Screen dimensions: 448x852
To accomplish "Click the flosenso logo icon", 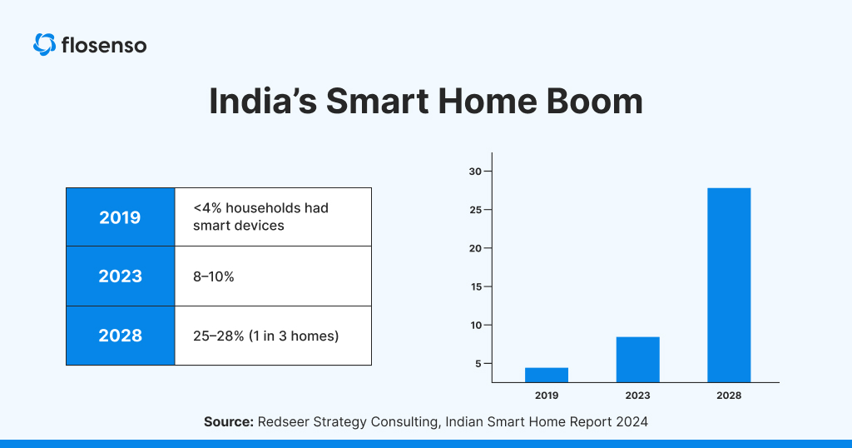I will tap(44, 44).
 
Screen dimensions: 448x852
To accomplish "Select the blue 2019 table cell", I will tap(120, 217).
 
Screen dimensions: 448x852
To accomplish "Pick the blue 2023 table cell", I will tap(120, 276).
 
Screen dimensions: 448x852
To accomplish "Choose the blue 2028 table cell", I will tap(120, 336).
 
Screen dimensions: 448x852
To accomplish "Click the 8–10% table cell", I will tap(273, 276).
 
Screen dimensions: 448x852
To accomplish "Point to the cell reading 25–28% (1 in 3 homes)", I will tap(273, 336).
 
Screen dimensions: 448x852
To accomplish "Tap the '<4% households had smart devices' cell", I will tap(273, 217).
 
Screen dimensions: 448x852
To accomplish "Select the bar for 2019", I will tap(547, 375).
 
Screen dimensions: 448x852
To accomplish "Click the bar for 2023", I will tap(637, 360).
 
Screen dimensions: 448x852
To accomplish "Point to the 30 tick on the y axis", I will tap(475, 172).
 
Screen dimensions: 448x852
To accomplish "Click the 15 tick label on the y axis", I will tap(475, 286).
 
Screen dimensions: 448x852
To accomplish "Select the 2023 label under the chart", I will tap(637, 396).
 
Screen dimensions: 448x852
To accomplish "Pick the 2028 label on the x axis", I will tap(729, 396).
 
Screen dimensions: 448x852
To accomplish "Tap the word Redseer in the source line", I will tap(285, 422).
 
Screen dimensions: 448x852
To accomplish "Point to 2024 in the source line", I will tap(631, 422).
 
